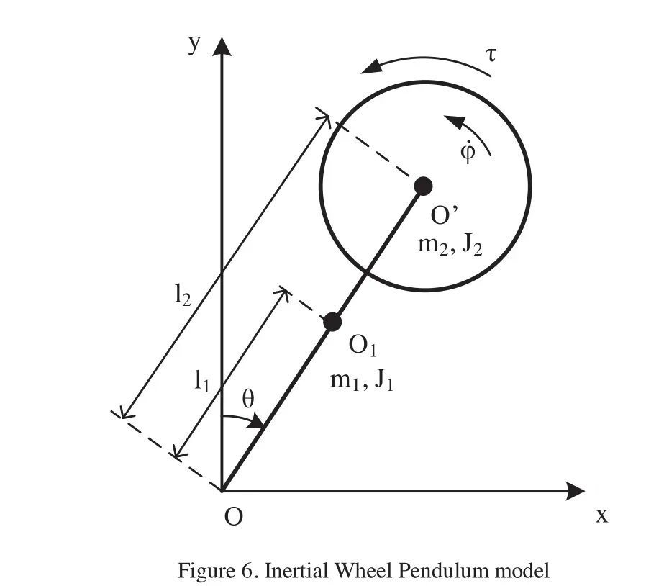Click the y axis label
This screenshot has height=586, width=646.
coord(193,45)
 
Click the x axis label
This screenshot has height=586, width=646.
coord(602,515)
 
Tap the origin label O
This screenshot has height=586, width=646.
coord(232,517)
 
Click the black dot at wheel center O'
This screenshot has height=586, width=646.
coord(423,186)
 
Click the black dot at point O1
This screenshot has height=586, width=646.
coord(332,322)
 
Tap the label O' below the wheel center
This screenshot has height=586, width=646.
coord(441,217)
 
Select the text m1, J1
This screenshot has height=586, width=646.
coord(362,379)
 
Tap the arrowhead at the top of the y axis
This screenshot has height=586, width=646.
coord(222,48)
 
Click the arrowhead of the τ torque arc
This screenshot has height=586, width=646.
coord(371,68)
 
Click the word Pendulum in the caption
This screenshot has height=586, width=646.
coord(450,572)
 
